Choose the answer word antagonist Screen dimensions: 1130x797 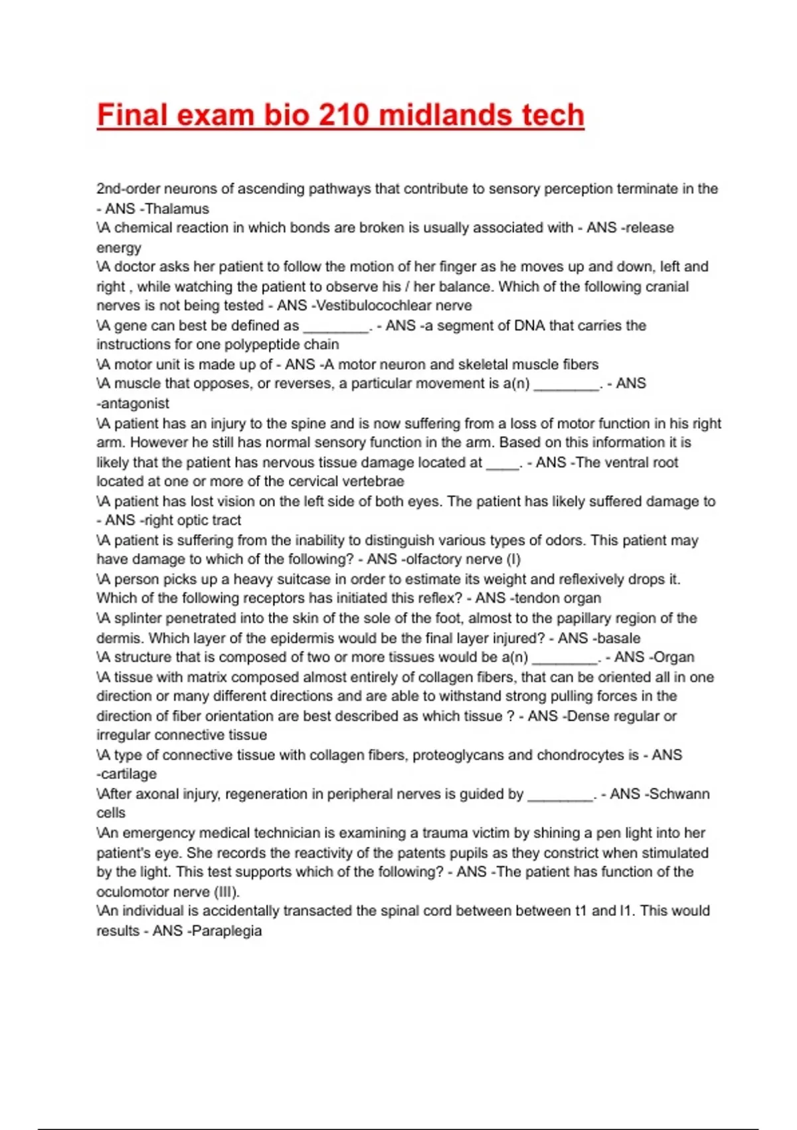click(x=135, y=403)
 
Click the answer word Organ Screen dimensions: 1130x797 click(x=674, y=657)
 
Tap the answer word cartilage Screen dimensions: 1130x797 click(x=129, y=774)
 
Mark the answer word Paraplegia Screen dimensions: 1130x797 click(x=226, y=931)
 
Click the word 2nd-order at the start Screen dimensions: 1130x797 click(x=128, y=189)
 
